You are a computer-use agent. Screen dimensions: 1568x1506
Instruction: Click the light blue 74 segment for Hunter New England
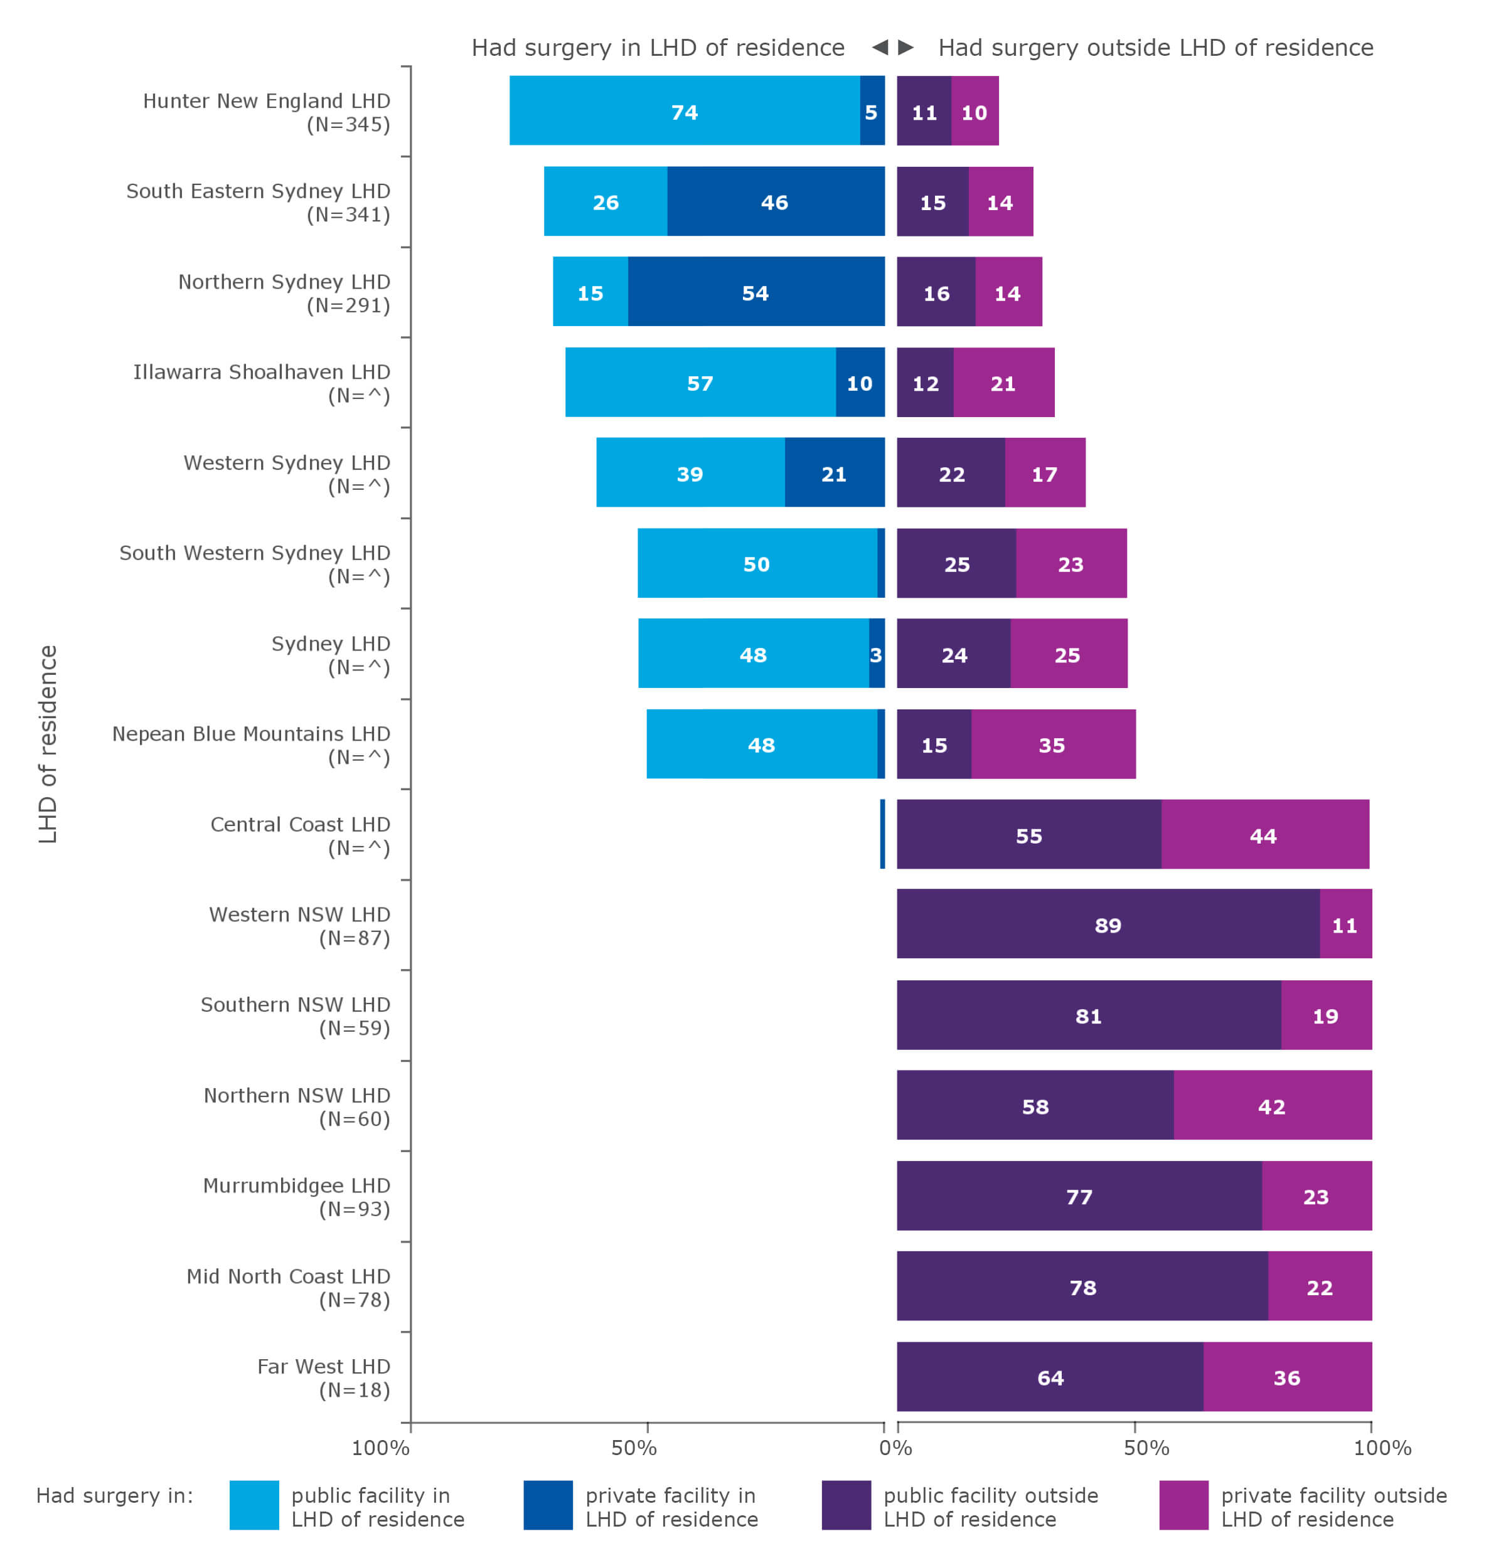tap(684, 110)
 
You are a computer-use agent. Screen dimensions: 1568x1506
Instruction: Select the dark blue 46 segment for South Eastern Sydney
tap(774, 201)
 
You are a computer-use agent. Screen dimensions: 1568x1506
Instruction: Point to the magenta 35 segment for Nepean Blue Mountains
tap(1052, 743)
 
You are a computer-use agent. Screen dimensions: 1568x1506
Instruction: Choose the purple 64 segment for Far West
tap(1049, 1376)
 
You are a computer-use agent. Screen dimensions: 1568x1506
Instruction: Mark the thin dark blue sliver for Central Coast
tap(882, 834)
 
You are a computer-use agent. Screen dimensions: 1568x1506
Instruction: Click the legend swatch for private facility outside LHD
tap(1183, 1505)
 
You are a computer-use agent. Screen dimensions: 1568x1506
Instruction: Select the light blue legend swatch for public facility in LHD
tap(254, 1505)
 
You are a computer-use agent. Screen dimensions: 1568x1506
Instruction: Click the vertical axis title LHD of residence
tap(48, 743)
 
